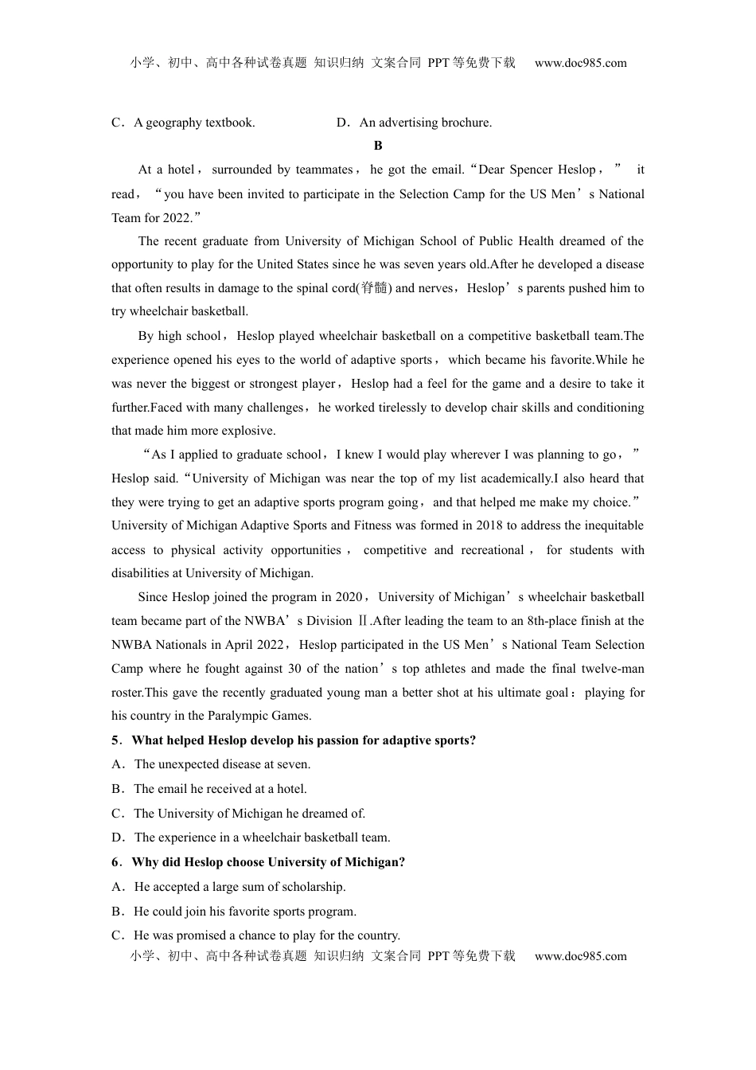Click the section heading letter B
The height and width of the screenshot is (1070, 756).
tap(378, 146)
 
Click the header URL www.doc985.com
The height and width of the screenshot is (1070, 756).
tap(580, 64)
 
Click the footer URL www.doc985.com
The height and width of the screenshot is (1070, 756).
tap(580, 956)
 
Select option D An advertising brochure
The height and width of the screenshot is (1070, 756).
tap(414, 123)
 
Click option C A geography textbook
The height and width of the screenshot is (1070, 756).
tap(184, 123)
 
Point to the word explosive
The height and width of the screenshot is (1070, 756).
tap(248, 431)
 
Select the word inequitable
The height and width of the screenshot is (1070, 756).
tap(604, 525)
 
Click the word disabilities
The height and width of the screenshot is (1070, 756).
tap(146, 573)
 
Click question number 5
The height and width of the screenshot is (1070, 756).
tap(116, 740)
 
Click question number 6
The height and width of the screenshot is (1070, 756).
tap(116, 862)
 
